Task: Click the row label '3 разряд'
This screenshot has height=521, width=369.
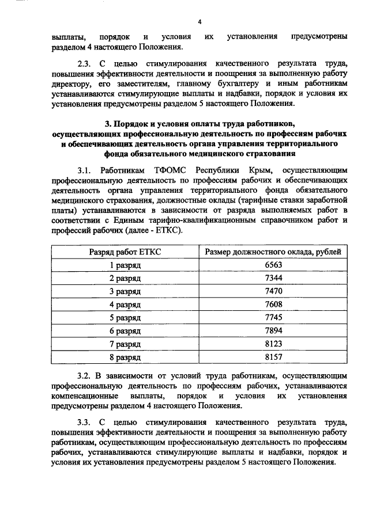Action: (x=125, y=292)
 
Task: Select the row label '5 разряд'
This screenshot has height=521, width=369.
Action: (x=125, y=318)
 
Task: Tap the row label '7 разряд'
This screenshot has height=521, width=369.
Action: (x=125, y=345)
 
